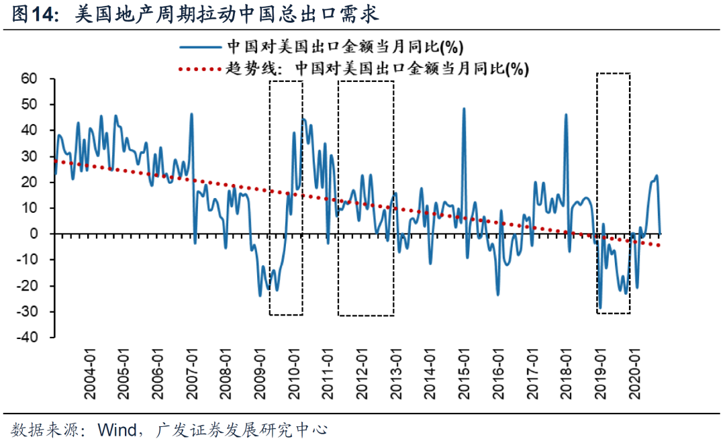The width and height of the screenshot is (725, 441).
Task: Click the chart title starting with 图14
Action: pos(195,13)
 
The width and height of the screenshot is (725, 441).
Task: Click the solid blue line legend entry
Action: pos(322,47)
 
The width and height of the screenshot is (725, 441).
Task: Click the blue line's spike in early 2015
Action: pos(464,109)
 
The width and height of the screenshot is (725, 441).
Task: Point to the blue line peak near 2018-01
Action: pos(565,115)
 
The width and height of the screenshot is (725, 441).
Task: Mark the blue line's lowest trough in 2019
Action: pos(600,308)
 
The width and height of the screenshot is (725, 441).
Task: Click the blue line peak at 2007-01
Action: pos(191,114)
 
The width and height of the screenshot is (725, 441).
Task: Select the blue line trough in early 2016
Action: pos(498,294)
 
